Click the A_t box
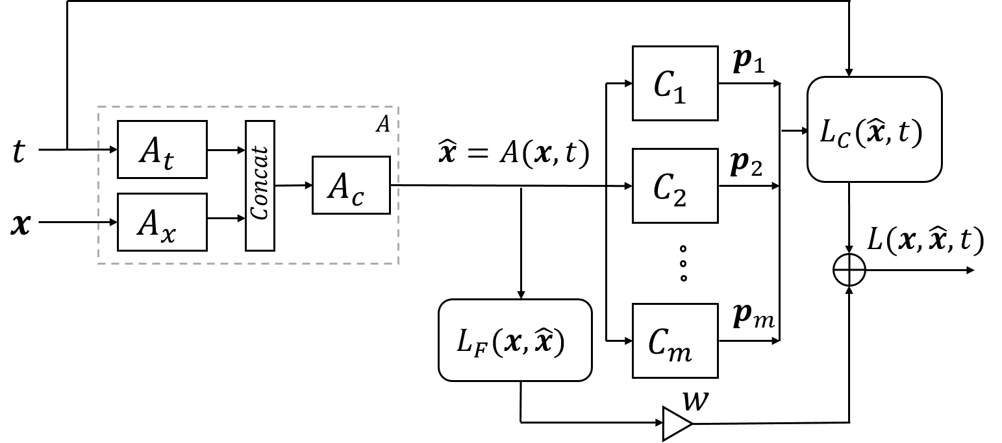pyautogui.click(x=162, y=149)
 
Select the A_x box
pyautogui.click(x=162, y=222)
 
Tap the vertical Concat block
pyautogui.click(x=260, y=186)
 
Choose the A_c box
pyautogui.click(x=351, y=185)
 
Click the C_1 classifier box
pyautogui.click(x=675, y=83)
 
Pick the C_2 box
pyautogui.click(x=675, y=186)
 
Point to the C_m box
pyautogui.click(x=675, y=341)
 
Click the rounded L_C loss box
pyautogui.click(x=874, y=129)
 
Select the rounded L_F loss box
pyautogui.click(x=515, y=340)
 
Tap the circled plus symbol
pyautogui.click(x=849, y=270)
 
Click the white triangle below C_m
pyautogui.click(x=675, y=424)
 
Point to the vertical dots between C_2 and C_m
pyautogui.click(x=683, y=263)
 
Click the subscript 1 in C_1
pyautogui.click(x=679, y=95)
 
